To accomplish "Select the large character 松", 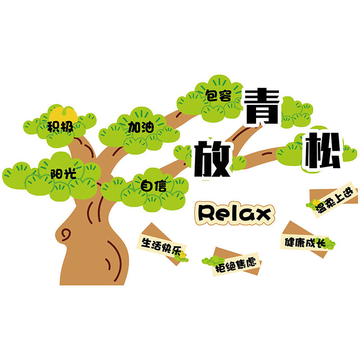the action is point(322,150).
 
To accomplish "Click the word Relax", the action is point(234,213).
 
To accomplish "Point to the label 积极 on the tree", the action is point(60,127).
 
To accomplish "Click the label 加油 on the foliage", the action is point(141,127).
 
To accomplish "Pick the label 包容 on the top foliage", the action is point(218,96).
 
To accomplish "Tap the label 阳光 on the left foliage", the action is point(63,174).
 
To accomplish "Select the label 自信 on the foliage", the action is point(153,186).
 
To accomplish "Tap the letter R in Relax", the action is point(207,213).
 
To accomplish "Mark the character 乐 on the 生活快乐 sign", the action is point(177,251).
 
